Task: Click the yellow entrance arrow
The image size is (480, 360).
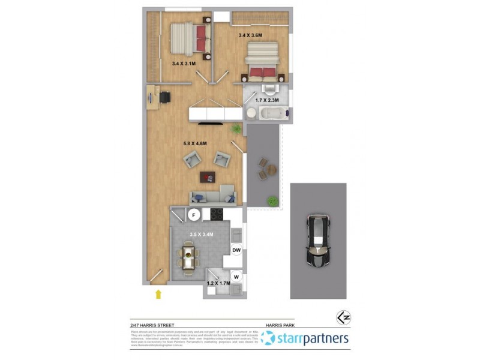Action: coord(158,293)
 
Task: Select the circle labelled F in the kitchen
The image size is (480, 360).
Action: coord(194,215)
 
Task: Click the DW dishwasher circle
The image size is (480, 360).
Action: coord(236,250)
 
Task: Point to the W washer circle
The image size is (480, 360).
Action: coord(236,277)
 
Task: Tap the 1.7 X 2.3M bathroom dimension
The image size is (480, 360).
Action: coord(266,100)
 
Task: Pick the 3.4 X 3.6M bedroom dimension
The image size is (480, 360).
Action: coord(251,35)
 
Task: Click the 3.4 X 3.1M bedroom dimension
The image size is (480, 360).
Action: coord(184,63)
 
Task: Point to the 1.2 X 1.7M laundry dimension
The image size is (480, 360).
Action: coord(218,283)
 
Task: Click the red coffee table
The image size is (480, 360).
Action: coord(208,176)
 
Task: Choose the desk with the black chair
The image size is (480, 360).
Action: coord(153,97)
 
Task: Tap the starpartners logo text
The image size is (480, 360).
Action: coord(312,338)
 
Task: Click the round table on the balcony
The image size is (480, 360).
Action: coord(271,170)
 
